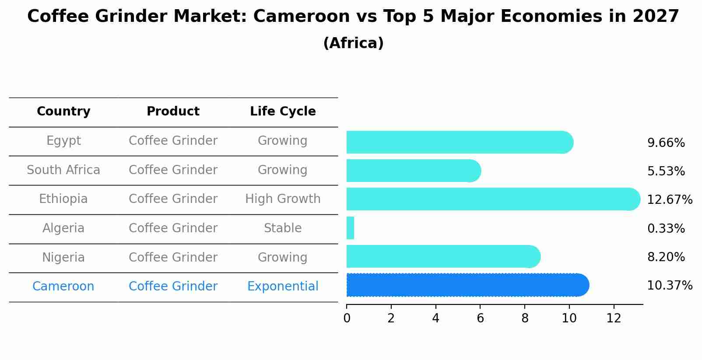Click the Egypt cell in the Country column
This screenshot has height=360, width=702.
[63, 141]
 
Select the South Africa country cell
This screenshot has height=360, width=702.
[63, 170]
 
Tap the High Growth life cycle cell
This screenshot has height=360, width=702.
[283, 199]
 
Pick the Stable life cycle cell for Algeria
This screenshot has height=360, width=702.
[283, 228]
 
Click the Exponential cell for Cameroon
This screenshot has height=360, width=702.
[283, 287]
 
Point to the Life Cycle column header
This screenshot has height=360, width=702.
[283, 112]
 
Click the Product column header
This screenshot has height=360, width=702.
[173, 112]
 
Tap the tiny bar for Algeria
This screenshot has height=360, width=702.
[350, 228]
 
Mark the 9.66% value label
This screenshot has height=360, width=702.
[666, 143]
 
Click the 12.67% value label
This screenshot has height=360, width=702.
[669, 200]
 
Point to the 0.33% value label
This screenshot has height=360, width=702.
[666, 228]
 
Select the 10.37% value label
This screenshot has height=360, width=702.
[669, 286]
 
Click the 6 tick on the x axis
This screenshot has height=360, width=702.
[480, 318]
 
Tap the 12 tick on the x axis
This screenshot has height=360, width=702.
[614, 318]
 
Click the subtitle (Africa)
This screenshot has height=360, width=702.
[353, 43]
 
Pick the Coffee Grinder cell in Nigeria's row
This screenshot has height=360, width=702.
[173, 258]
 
